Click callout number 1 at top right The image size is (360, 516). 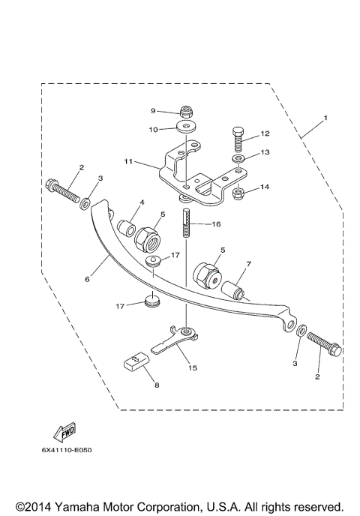coord(325,118)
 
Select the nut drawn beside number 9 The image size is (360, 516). coord(184,111)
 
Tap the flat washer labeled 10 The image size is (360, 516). coord(184,127)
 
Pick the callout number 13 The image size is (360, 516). coord(265,152)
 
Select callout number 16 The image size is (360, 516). coord(217,223)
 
